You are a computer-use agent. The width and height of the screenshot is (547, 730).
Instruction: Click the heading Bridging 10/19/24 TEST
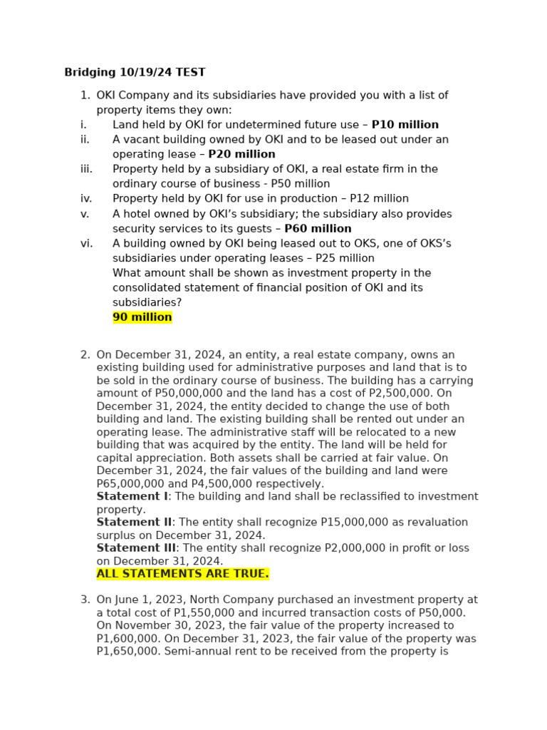click(135, 72)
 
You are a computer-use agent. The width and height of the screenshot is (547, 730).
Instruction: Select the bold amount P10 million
click(405, 125)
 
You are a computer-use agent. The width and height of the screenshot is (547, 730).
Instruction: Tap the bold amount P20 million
click(241, 154)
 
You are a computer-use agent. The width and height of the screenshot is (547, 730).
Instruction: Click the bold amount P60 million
click(318, 229)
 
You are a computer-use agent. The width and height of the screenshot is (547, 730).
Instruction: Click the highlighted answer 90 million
click(142, 317)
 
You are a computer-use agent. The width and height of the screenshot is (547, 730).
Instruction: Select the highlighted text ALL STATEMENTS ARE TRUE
click(183, 574)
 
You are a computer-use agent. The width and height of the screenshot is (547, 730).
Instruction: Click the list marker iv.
click(86, 199)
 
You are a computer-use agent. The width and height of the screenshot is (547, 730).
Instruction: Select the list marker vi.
click(86, 244)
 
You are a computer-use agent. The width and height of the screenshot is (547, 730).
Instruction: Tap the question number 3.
click(85, 600)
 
